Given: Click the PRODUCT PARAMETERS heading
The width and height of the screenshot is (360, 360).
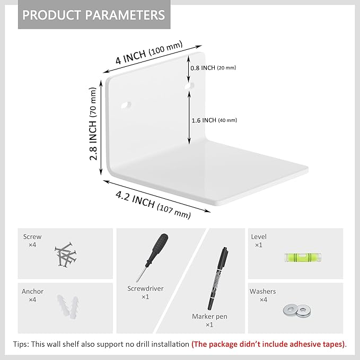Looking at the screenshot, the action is coord(94,15).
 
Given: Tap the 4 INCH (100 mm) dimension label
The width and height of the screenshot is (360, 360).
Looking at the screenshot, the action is coord(149,53).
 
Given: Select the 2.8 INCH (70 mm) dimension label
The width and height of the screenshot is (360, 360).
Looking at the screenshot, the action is coord(93,124).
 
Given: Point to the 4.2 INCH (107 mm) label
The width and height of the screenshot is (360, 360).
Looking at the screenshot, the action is coord(153,205).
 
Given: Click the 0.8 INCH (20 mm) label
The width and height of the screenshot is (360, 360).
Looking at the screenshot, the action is coord(213,68).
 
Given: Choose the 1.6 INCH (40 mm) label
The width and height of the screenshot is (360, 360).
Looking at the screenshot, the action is coord(214,120).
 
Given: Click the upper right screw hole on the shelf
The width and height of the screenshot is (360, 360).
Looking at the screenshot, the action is coord(189,86).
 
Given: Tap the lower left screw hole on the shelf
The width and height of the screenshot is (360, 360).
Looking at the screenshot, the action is coord(126,106).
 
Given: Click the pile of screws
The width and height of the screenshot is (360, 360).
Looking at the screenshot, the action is coord(66,254).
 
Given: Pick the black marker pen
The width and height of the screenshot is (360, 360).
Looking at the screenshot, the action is coord(218,278).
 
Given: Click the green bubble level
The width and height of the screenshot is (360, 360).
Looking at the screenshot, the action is coord(303,257).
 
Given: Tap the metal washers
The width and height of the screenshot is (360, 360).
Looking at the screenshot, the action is coord(297,310).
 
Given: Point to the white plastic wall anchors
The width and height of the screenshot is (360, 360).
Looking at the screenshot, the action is coord(68,305).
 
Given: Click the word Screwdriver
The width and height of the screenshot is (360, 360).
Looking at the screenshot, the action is coord(145,288).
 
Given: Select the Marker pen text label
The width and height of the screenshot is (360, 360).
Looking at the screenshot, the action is coord(209,317).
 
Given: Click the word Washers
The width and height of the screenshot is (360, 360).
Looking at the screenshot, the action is coord(262,292).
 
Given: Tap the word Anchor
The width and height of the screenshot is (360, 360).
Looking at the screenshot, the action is coord(32,292).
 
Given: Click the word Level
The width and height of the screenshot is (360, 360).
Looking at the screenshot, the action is coord(259,236).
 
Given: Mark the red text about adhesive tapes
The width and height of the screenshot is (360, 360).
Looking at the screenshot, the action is coord(268,345).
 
